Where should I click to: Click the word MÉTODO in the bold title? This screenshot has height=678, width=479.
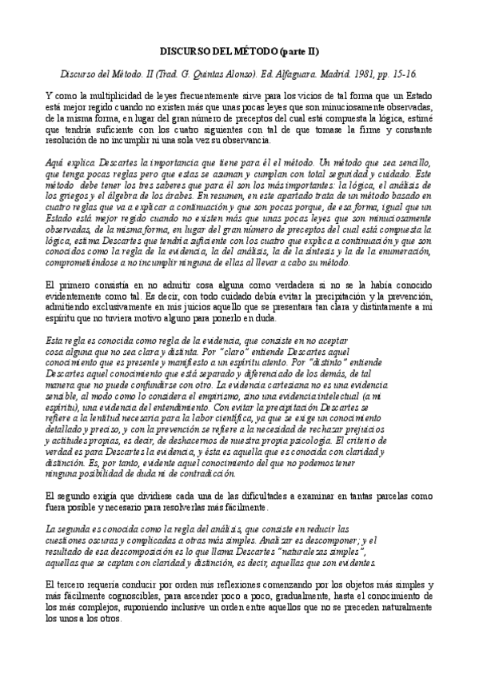tap(257, 51)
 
